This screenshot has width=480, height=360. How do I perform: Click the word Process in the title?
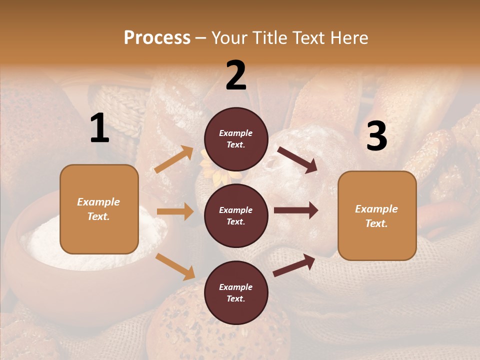pos(157,37)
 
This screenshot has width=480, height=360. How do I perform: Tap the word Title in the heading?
pos(268,37)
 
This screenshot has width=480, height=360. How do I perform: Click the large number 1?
pos(99,128)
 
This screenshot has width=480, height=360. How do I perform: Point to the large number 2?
pos(236,75)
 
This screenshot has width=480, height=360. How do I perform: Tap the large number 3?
pos(376,136)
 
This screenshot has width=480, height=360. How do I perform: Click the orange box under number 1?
pos(99,209)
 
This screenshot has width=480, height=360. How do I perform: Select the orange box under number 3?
pos(377,215)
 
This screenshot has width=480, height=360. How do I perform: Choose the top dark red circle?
pos(236,139)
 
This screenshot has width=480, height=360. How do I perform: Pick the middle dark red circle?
pos(236,215)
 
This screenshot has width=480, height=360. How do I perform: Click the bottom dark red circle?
pos(236,292)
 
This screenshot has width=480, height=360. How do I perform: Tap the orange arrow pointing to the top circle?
pos(174,159)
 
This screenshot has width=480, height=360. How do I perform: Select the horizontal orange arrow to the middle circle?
pos(175,211)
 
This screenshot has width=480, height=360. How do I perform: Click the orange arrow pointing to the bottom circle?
pos(175,266)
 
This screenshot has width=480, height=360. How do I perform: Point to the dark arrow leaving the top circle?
pos(297,160)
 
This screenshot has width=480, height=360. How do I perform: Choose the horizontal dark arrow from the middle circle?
pos(296,210)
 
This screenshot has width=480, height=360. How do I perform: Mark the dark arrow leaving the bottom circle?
pos(294,265)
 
